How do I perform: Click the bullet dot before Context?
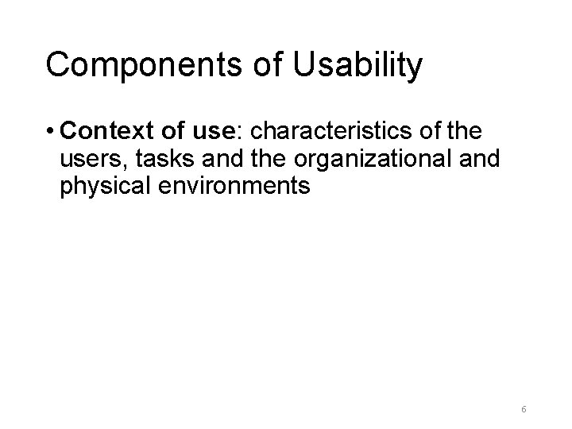(49, 130)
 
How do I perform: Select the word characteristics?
(331, 130)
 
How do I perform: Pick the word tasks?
(161, 159)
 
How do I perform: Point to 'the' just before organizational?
(266, 159)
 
